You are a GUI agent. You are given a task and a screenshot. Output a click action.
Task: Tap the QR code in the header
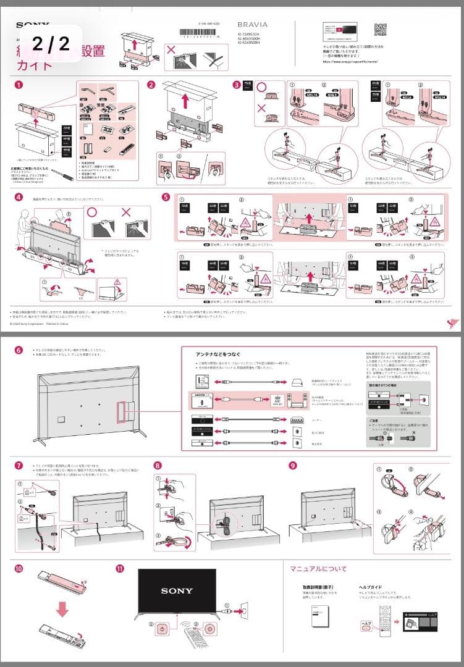tap(381, 29)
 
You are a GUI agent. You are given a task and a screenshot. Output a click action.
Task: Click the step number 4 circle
tap(19, 198)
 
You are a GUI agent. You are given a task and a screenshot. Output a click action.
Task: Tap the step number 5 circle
tap(166, 197)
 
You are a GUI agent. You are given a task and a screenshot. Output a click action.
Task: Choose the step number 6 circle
tap(19, 350)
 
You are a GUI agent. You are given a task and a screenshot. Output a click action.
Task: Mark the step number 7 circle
tap(19, 464)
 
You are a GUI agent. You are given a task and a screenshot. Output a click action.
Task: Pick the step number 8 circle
tap(158, 464)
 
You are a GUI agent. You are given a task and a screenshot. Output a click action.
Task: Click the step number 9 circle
tap(294, 464)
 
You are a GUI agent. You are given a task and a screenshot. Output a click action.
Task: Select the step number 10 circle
tap(19, 567)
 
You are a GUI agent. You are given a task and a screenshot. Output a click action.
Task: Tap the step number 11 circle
tap(119, 567)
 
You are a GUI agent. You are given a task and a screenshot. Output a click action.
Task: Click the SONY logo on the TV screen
tap(177, 591)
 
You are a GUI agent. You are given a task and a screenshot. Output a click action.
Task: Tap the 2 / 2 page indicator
tap(51, 44)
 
